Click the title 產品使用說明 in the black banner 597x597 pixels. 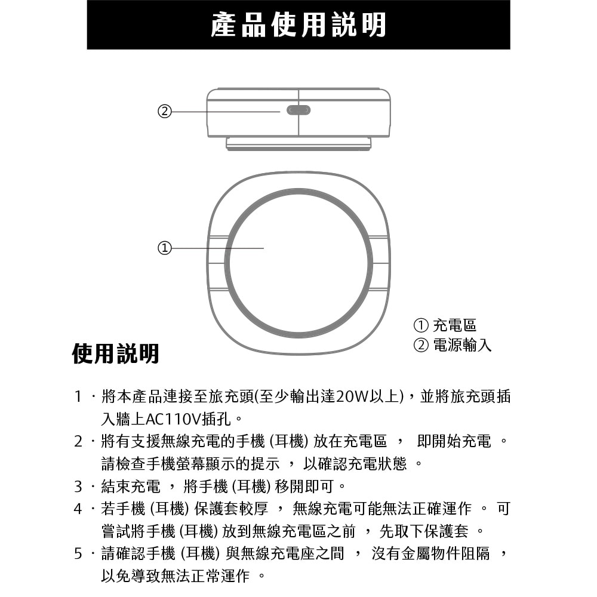point(298,25)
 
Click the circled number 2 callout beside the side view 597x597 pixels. point(164,111)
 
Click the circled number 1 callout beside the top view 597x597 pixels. point(164,248)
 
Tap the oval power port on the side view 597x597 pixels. point(298,110)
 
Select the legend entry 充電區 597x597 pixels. point(454,325)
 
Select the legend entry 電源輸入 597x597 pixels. point(461,345)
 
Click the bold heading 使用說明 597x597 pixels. point(116,353)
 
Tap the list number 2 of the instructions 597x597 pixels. point(78,442)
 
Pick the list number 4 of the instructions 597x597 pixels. point(78,509)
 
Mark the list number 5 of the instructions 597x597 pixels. point(78,554)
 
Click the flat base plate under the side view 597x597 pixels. point(298,143)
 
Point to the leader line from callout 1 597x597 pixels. point(218,248)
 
